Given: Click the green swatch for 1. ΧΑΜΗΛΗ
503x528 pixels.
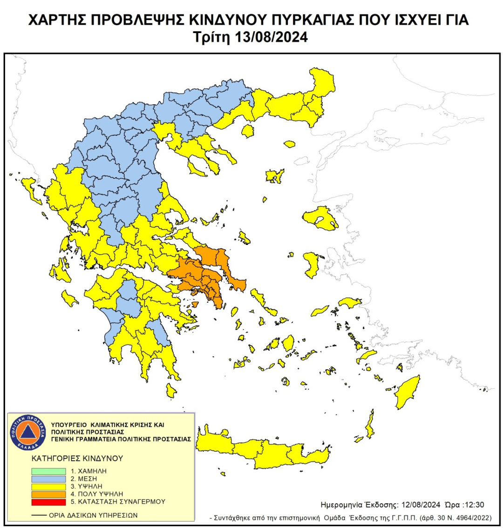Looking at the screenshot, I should point(48,471).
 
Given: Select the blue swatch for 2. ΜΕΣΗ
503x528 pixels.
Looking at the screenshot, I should point(48,479).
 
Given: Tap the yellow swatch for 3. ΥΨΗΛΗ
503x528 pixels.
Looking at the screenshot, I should point(48,486).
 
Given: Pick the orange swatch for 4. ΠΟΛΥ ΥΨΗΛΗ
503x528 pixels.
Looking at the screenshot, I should point(48,494).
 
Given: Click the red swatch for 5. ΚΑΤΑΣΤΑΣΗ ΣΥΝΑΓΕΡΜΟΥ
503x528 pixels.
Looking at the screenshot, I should point(48,501).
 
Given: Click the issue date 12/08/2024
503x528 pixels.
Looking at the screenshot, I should point(418,505).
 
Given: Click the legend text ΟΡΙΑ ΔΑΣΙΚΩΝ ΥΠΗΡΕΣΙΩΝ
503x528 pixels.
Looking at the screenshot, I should point(93,515).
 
